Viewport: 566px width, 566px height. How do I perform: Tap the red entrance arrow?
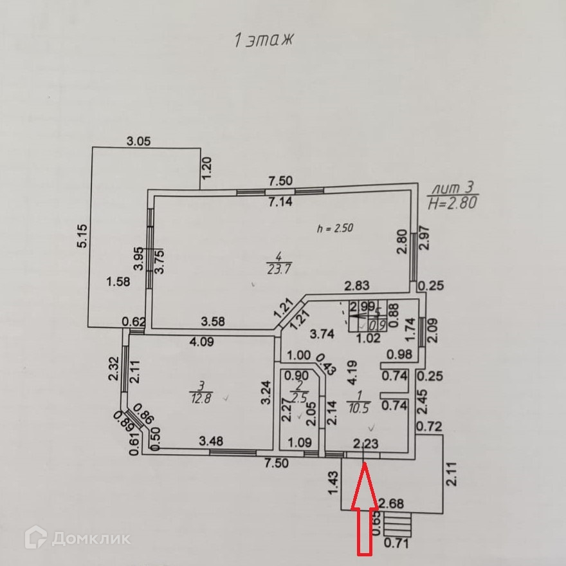point(365,509)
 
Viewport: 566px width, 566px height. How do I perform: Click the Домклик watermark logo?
point(78,537)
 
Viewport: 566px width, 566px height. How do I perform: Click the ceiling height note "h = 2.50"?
point(335,228)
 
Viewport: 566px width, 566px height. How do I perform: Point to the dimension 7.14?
point(281,202)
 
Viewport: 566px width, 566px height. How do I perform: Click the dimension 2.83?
point(356,287)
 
